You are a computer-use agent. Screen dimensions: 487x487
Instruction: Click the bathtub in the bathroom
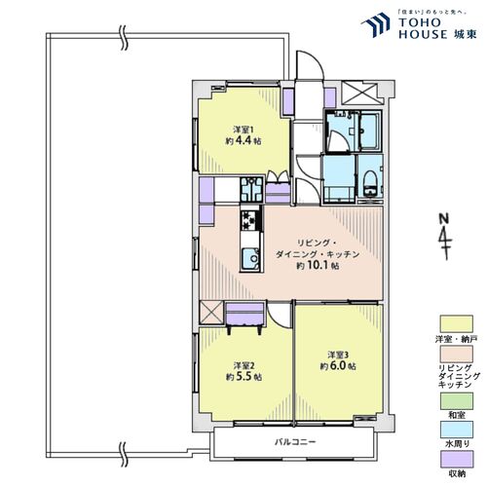click(x=371, y=128)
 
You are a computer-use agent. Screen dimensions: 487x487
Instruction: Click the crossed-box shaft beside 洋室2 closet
click(x=210, y=314)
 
